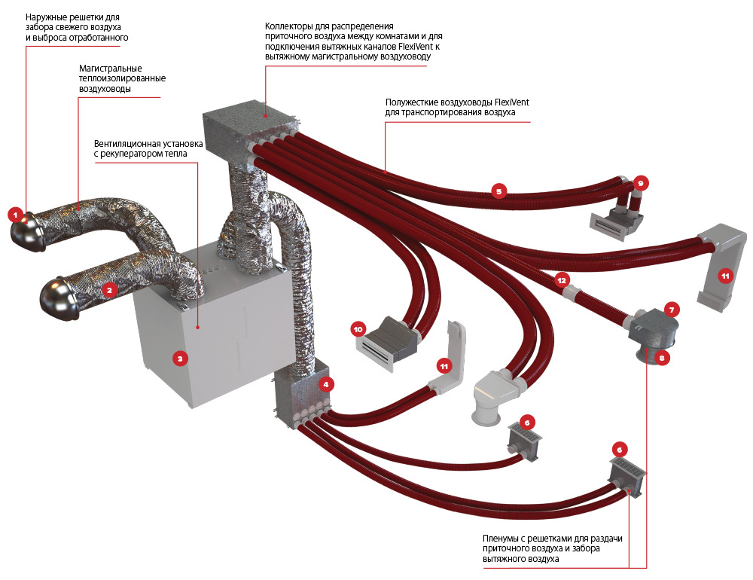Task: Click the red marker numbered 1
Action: (14, 215)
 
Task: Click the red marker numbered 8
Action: (662, 359)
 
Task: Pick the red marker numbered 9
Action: (640, 182)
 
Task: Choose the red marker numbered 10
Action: (358, 328)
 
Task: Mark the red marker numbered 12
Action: (562, 279)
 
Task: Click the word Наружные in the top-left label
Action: (44, 17)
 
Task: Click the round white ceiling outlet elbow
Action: (485, 411)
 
